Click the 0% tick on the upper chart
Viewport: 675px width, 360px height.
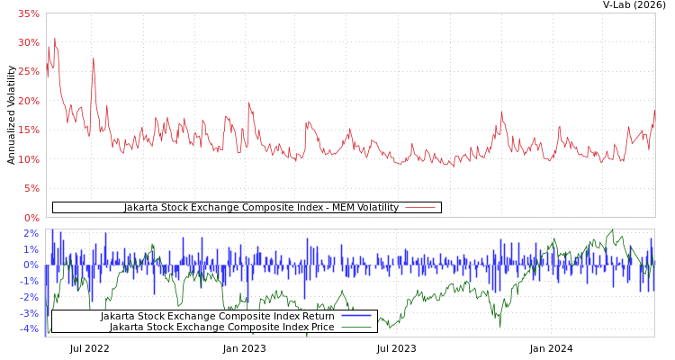coord(31,218)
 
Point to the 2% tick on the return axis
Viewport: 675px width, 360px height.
coord(31,234)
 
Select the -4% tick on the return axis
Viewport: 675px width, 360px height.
coord(29,329)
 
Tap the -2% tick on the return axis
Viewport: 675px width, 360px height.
coord(29,297)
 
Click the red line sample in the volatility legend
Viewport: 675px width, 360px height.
coord(420,208)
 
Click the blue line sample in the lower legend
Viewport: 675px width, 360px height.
coord(356,316)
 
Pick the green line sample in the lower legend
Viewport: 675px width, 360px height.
coord(356,327)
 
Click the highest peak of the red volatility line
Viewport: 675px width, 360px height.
coord(54,38)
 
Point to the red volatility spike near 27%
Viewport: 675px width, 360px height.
coord(93,59)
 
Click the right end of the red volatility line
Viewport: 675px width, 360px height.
coord(654,112)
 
